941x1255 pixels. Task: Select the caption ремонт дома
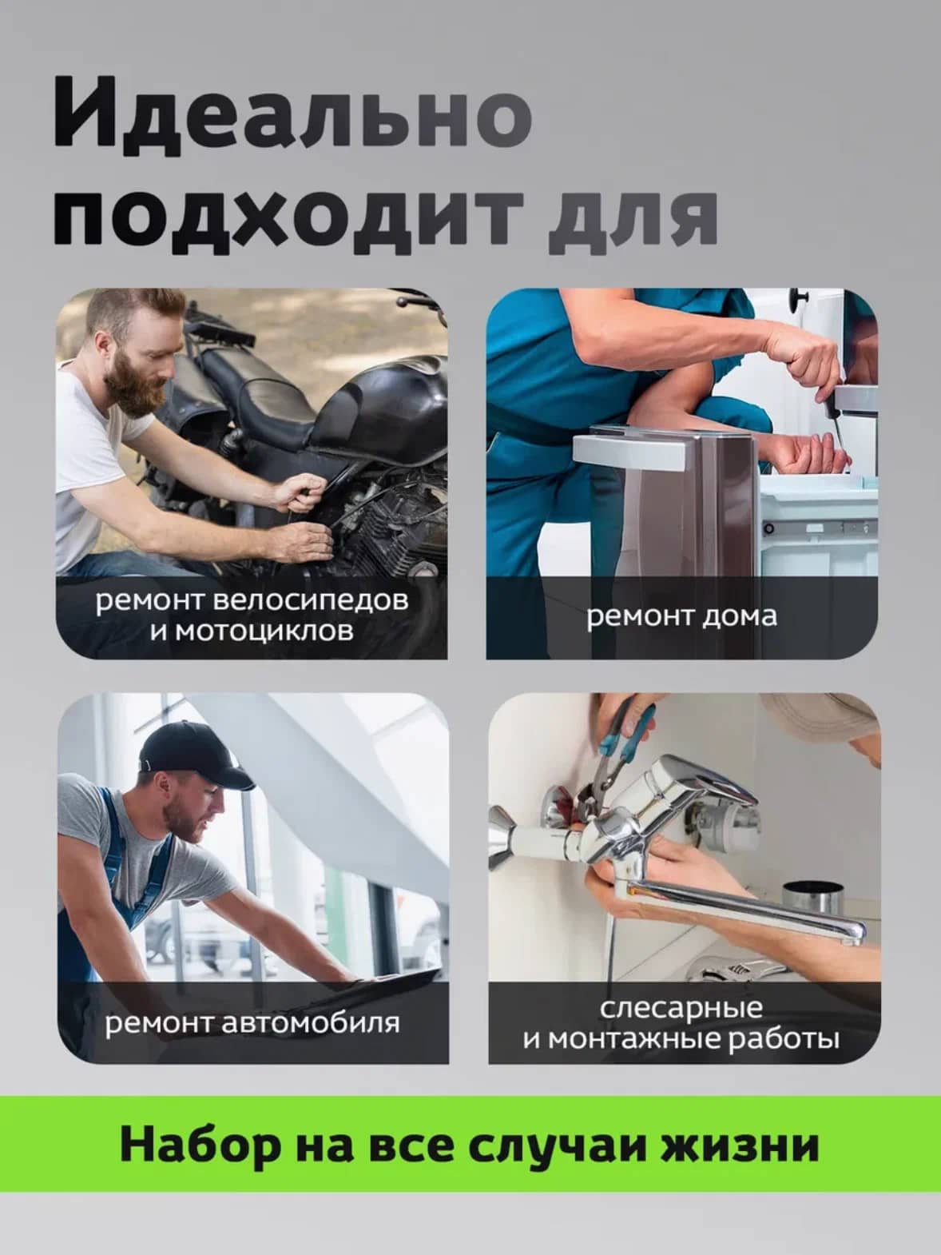point(681,616)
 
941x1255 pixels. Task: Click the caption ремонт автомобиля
point(252,1022)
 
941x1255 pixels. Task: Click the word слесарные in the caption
point(681,1008)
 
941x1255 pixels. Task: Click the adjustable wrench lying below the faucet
point(739,970)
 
